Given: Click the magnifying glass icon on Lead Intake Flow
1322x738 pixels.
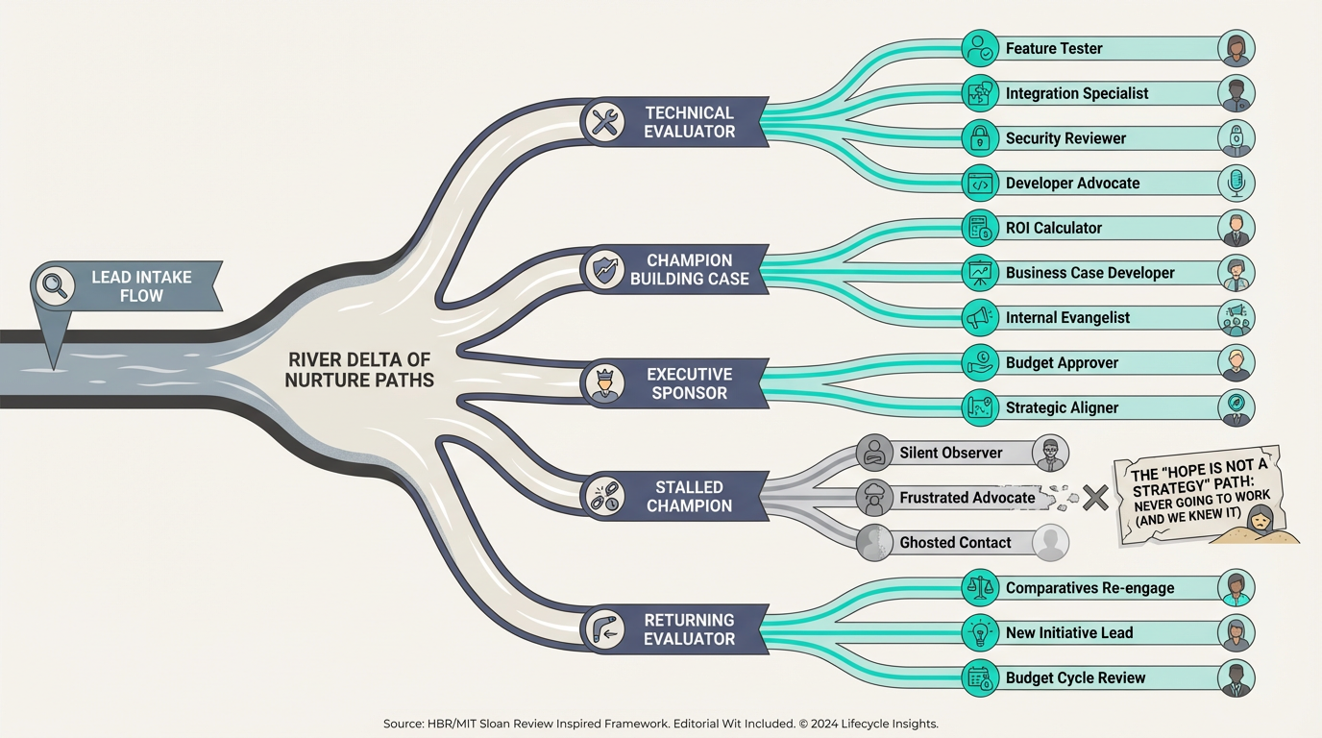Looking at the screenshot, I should (x=54, y=286).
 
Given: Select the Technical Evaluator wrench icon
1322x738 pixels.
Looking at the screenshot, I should (x=604, y=122).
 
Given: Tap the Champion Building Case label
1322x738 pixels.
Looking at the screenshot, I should (x=689, y=270).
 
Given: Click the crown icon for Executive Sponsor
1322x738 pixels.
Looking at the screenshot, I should (x=604, y=383).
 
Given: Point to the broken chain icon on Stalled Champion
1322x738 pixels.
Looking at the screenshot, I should (x=604, y=496).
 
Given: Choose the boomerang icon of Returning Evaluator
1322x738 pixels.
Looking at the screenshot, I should (x=604, y=629).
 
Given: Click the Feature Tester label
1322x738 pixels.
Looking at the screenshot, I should (x=1053, y=48).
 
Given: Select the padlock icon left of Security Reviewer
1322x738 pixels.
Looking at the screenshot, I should (x=980, y=138).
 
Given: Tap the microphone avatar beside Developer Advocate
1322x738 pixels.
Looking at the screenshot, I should (x=1236, y=183).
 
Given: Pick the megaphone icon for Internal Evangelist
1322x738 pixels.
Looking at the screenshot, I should (x=980, y=317).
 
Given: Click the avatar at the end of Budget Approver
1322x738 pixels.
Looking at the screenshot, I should (x=1236, y=362).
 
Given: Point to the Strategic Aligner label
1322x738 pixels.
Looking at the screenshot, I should (x=1062, y=407).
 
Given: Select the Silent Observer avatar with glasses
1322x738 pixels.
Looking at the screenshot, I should (x=1050, y=453).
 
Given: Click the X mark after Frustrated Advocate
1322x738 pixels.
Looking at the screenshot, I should (x=1095, y=497).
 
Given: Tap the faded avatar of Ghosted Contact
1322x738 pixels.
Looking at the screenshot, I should (x=1050, y=542).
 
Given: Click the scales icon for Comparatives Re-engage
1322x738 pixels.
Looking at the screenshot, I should (x=980, y=587).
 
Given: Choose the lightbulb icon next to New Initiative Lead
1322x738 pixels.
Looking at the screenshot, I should (x=980, y=632).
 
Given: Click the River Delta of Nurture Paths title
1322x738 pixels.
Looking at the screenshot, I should (x=359, y=370).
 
